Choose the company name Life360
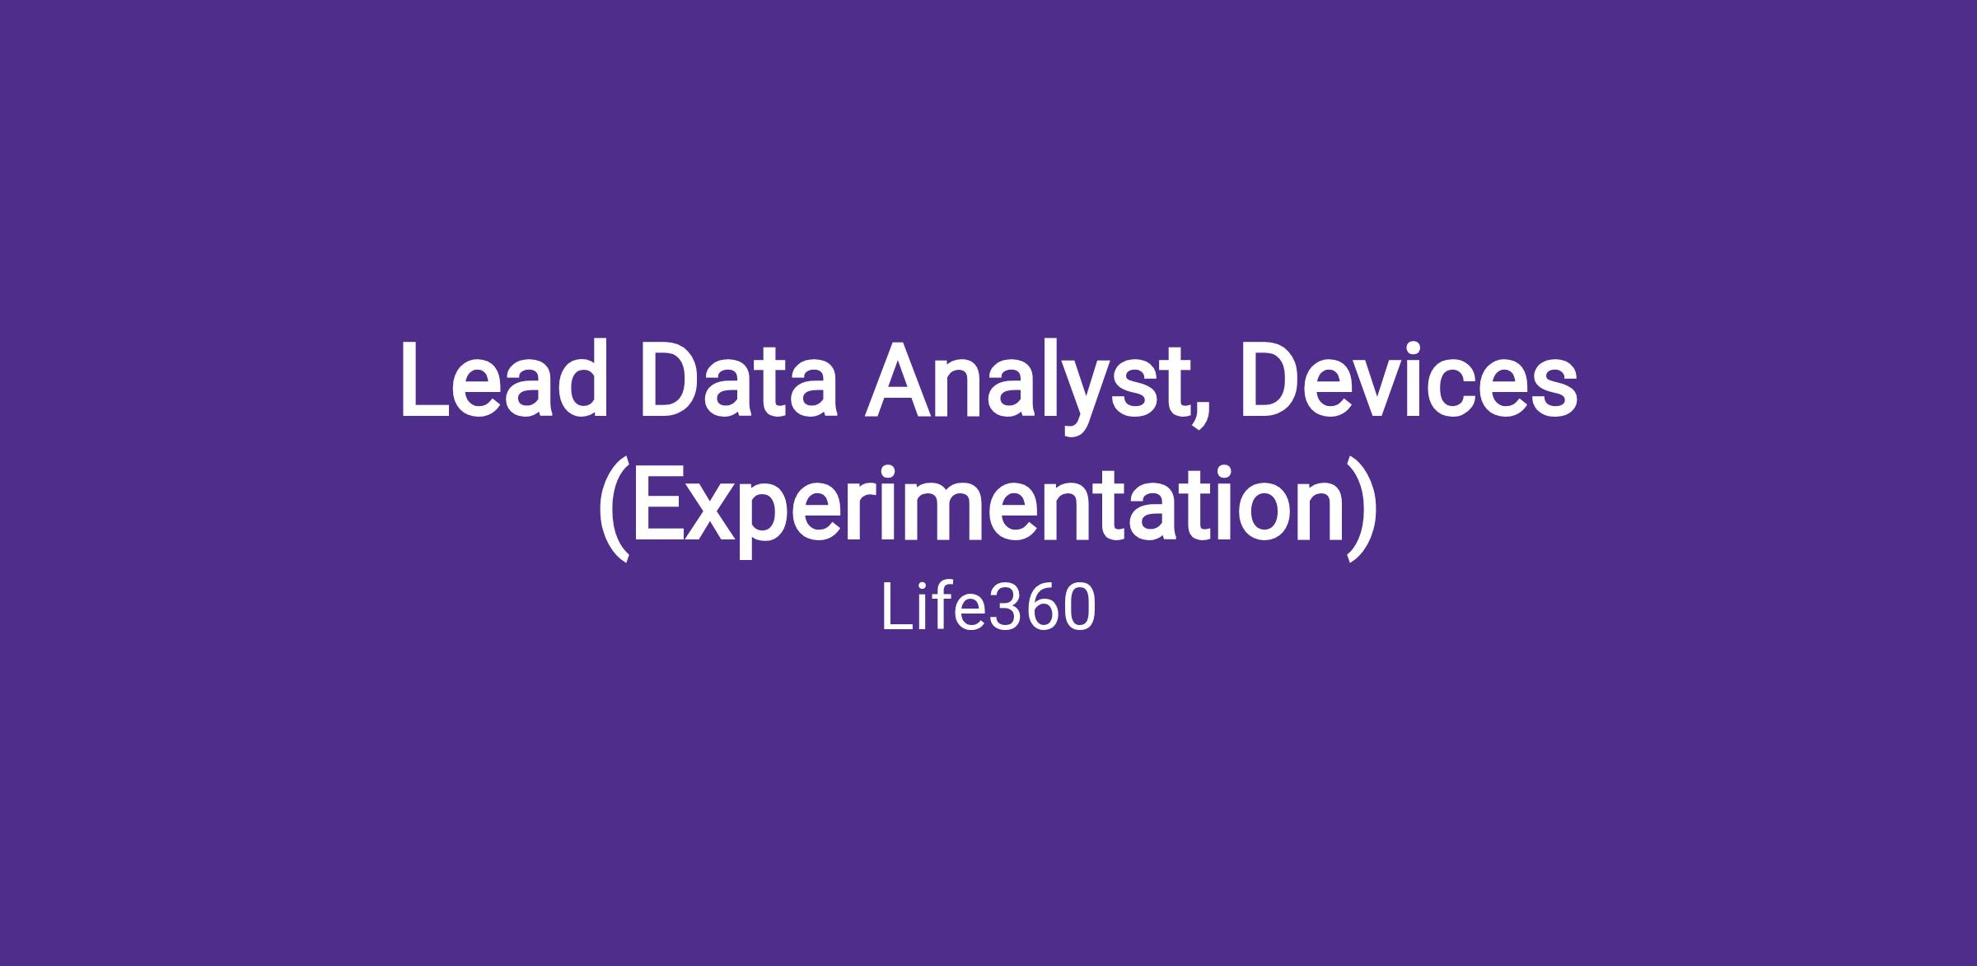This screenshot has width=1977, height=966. tap(988, 609)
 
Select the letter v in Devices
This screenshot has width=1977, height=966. tap(1390, 392)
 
